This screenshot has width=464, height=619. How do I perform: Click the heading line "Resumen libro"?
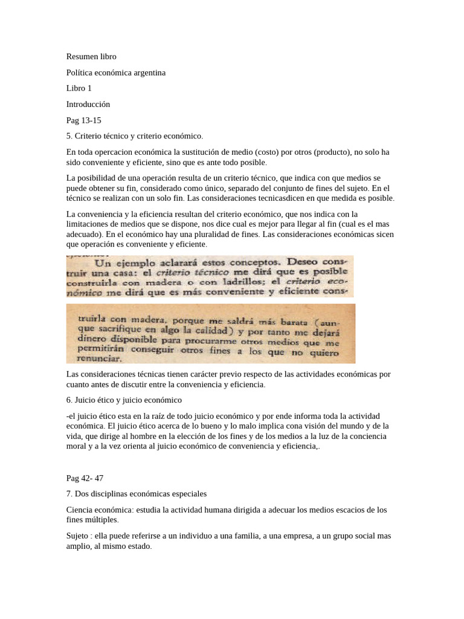click(91, 57)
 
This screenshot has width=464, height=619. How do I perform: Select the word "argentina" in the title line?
click(146, 73)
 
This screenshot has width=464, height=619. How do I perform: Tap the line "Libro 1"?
click(79, 88)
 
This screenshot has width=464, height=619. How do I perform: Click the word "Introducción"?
click(88, 104)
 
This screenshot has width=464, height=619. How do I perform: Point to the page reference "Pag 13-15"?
click(84, 120)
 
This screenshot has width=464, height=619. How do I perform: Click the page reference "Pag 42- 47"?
click(85, 478)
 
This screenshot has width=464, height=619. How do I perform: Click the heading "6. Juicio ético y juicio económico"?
click(124, 400)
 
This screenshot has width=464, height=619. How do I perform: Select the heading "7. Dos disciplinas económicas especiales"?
click(137, 494)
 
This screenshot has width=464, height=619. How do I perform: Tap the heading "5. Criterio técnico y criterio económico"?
click(135, 136)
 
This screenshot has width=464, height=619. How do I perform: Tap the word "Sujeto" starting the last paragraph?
click(79, 536)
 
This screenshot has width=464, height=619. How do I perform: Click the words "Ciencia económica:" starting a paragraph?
click(101, 510)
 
